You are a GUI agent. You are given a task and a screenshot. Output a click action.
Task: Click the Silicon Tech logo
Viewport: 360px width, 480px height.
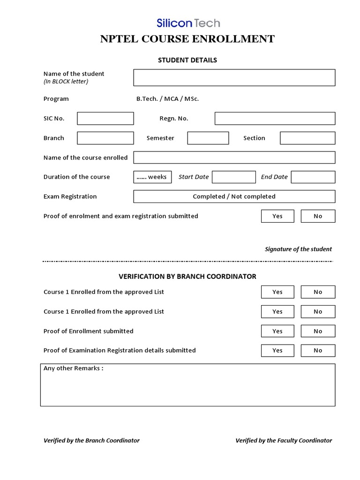[x=188, y=22]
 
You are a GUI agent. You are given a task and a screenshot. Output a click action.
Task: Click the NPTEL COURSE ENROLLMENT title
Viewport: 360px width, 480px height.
[x=187, y=39]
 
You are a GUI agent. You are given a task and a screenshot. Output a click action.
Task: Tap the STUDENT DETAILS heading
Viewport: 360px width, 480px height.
[x=187, y=60]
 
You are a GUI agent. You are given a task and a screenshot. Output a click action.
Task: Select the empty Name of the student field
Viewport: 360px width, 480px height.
[x=234, y=78]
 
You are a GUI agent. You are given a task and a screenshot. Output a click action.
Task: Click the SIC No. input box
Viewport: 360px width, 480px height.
[x=105, y=119]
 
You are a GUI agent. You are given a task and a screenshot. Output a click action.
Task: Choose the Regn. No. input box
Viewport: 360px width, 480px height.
[x=275, y=119]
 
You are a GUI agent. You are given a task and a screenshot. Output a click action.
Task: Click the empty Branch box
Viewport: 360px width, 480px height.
[x=105, y=138]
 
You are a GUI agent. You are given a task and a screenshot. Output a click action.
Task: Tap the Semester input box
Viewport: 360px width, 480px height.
[x=208, y=138]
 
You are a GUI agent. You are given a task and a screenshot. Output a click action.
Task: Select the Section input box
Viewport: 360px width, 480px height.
[x=307, y=138]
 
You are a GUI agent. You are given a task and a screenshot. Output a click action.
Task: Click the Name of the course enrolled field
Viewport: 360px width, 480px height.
[x=234, y=157]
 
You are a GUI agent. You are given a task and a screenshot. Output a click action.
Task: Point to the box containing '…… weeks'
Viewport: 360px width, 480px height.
[x=152, y=177]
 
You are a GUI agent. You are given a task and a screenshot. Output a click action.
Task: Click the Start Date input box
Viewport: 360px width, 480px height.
[x=234, y=177]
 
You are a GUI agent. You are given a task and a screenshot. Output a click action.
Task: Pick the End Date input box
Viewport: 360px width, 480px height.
[x=313, y=177]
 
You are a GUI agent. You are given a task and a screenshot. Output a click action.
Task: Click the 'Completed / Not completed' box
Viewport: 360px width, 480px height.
[x=234, y=196]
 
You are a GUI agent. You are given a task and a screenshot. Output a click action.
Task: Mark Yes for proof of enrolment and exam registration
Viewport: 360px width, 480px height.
[x=277, y=216]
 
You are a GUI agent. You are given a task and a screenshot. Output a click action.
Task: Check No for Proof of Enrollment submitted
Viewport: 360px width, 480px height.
[x=318, y=331]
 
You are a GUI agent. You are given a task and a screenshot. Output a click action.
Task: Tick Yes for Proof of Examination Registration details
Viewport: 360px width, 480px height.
[x=277, y=350]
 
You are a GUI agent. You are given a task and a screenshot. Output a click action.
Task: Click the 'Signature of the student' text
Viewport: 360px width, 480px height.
[x=298, y=249]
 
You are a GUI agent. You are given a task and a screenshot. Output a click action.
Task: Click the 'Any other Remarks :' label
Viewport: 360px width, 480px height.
[x=73, y=368]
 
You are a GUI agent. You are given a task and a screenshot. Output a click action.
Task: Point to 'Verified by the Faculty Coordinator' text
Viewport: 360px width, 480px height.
[x=284, y=441]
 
